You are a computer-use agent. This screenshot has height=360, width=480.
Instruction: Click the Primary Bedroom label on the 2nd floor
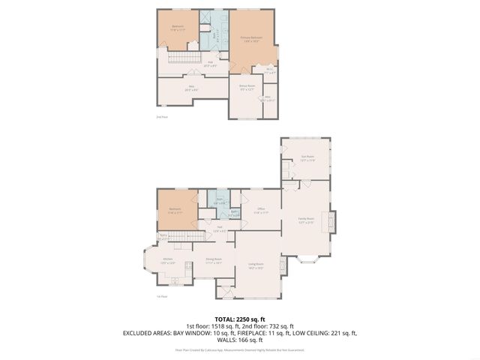(251, 38)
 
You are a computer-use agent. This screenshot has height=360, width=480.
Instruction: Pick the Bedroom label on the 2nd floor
(178, 28)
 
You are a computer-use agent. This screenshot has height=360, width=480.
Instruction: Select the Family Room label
(306, 220)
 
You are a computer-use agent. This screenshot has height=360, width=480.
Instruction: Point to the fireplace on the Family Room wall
(325, 221)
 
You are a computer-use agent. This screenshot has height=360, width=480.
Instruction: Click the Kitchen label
(169, 260)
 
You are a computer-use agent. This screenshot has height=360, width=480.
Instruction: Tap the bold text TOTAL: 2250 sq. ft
(240, 319)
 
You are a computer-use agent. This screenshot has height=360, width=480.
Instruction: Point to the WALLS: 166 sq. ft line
(240, 340)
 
